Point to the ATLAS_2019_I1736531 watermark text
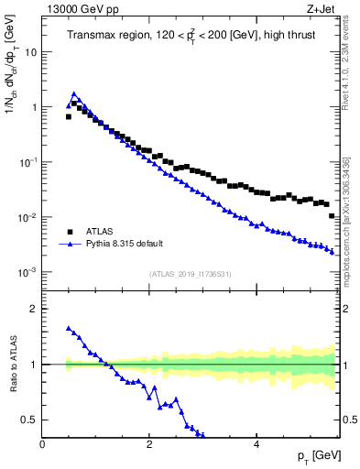(191, 274)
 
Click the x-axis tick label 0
(43, 444)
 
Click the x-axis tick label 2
(149, 444)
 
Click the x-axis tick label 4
(256, 444)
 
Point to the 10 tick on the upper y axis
(30, 52)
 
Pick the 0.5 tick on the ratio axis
(31, 420)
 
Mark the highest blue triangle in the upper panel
(74, 93)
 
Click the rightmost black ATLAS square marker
(332, 215)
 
